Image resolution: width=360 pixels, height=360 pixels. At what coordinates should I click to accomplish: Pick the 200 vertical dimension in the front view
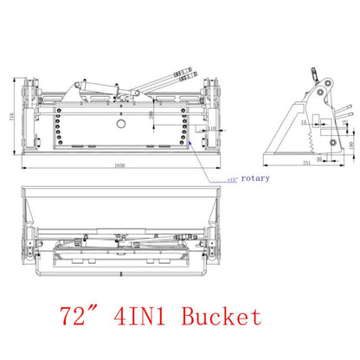[x=152, y=114]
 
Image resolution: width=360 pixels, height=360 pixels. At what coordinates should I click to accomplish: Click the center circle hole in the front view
[x=119, y=125]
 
